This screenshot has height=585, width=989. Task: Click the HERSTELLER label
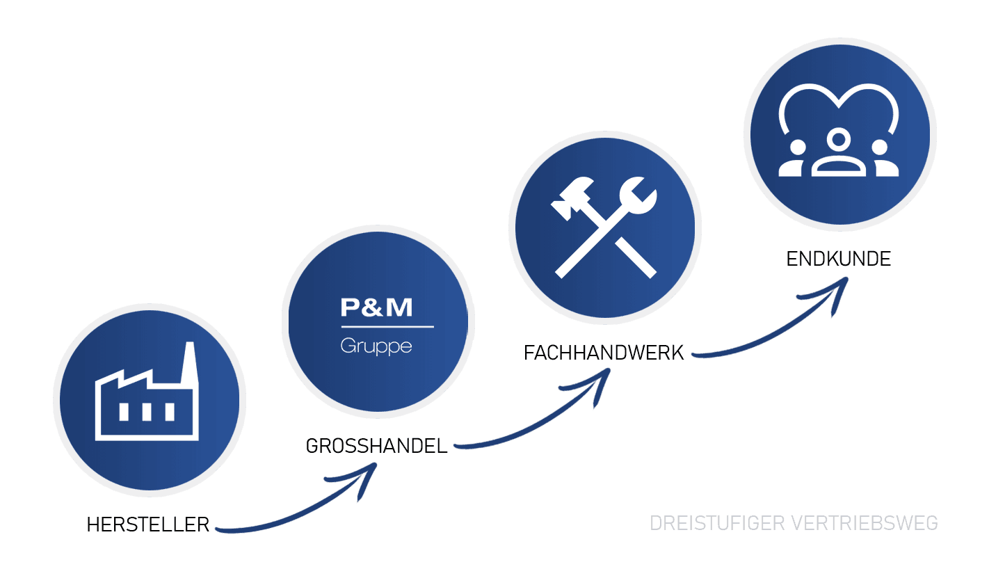tap(147, 524)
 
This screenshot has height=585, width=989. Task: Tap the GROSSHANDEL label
tap(376, 446)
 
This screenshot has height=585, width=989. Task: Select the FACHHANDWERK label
tap(604, 353)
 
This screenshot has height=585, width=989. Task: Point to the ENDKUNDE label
tap(838, 259)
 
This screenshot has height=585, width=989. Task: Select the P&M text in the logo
tap(376, 307)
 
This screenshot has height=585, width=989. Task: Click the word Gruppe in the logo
tap(376, 346)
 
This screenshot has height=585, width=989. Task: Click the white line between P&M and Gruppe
tap(387, 326)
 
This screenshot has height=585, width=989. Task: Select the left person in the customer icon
tap(795, 159)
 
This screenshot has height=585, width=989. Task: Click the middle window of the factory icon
tap(147, 412)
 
